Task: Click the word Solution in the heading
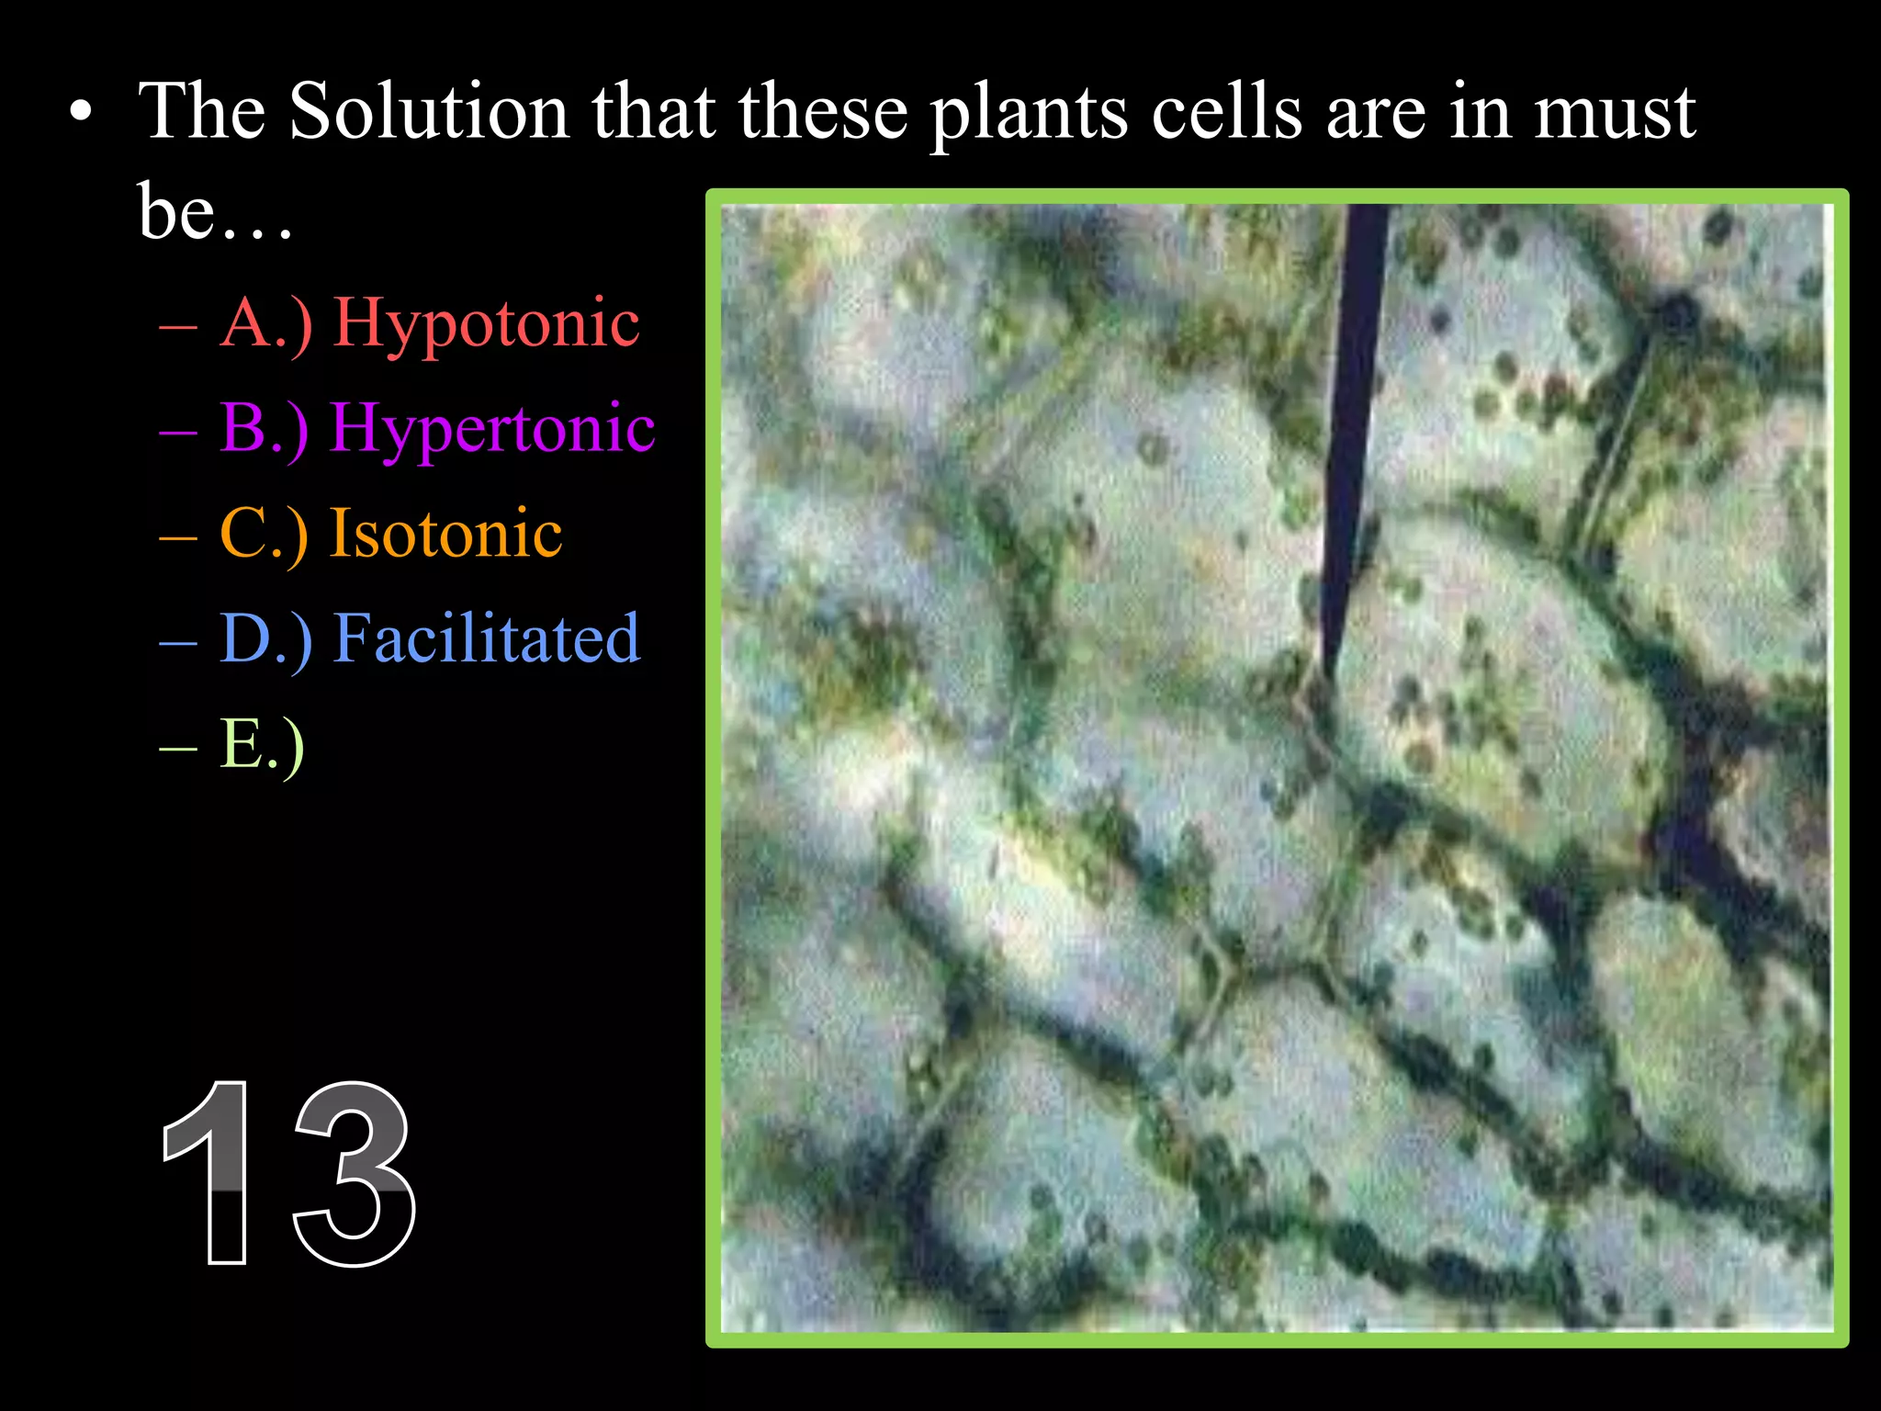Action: [429, 112]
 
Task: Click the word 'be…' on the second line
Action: [215, 211]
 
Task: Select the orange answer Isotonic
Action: [446, 534]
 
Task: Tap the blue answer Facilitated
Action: [486, 638]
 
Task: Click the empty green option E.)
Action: [262, 745]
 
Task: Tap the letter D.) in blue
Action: [266, 638]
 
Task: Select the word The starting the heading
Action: [202, 112]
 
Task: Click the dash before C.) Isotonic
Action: [177, 536]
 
